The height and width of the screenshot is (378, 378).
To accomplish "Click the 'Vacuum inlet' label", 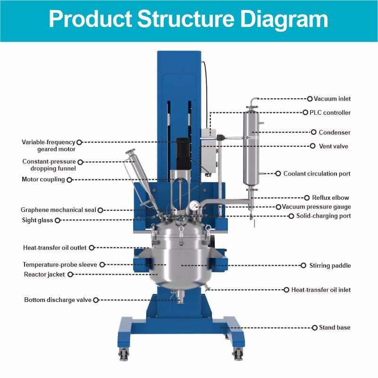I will (x=332, y=99).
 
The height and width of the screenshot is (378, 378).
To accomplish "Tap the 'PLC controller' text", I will (x=330, y=113).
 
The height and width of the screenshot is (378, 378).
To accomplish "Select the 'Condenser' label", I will (x=335, y=133).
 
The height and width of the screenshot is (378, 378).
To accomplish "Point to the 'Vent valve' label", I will (x=334, y=146).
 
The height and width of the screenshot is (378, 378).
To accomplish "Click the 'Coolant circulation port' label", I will (x=317, y=174).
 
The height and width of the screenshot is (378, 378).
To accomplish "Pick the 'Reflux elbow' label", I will (x=330, y=198).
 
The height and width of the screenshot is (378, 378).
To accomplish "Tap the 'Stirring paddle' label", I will (x=330, y=266).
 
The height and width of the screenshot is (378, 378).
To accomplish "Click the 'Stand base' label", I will (x=335, y=328).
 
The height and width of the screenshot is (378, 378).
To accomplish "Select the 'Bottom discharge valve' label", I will (x=58, y=300).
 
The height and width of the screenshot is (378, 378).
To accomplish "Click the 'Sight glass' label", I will (x=38, y=220).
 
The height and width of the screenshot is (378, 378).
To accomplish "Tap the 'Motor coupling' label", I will (x=43, y=179).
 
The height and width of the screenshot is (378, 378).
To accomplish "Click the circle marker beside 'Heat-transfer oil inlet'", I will (x=286, y=290).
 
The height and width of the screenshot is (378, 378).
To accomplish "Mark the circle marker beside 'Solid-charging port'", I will (x=291, y=216).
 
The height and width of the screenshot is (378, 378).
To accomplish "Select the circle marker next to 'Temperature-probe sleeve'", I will (x=101, y=265).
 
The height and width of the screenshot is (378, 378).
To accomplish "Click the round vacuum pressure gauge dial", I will (x=193, y=206).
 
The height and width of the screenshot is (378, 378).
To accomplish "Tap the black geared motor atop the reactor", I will (x=183, y=153).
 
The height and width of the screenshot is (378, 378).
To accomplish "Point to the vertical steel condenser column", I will (x=251, y=149).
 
